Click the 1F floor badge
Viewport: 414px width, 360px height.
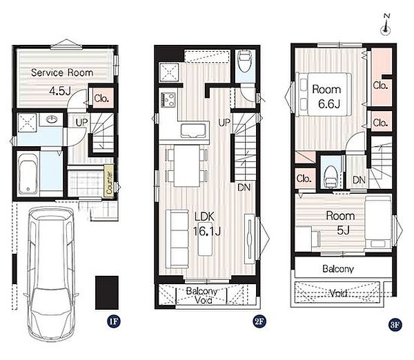click(x=114, y=322)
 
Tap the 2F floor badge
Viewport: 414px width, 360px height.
click(x=259, y=322)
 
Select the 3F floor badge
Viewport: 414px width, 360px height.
click(x=395, y=324)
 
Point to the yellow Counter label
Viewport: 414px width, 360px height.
click(x=109, y=182)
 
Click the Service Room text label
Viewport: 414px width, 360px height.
click(x=62, y=72)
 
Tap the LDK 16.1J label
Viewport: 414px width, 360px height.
click(x=207, y=224)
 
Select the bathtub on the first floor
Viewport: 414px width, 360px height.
click(x=28, y=174)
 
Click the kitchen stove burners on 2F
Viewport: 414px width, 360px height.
click(x=168, y=100)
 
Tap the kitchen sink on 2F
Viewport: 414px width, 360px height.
click(x=193, y=130)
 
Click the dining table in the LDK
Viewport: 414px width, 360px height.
click(x=187, y=166)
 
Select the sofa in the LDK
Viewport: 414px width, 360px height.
click(x=177, y=239)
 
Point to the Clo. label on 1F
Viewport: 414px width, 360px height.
click(x=101, y=99)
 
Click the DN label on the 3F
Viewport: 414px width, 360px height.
click(x=359, y=180)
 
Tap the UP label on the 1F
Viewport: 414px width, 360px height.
click(x=81, y=123)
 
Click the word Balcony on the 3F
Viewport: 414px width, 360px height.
click(x=338, y=269)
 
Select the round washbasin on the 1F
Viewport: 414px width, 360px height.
click(x=52, y=120)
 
